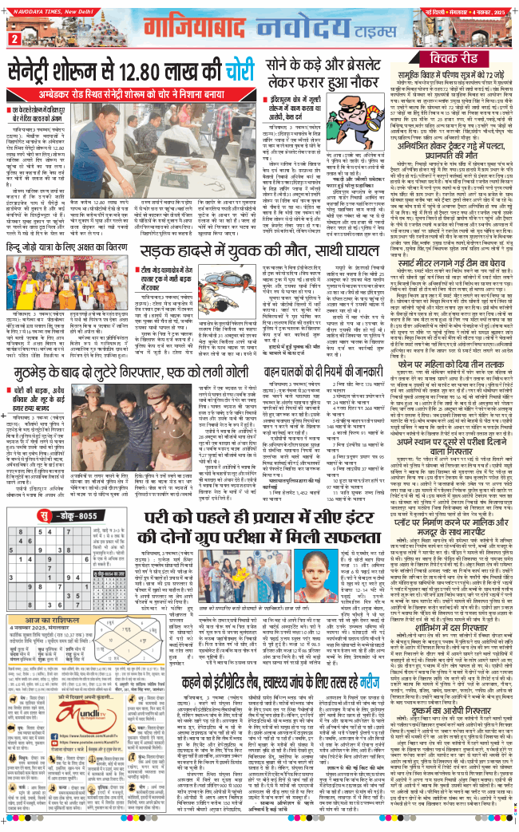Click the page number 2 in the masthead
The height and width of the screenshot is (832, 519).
tap(12, 39)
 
